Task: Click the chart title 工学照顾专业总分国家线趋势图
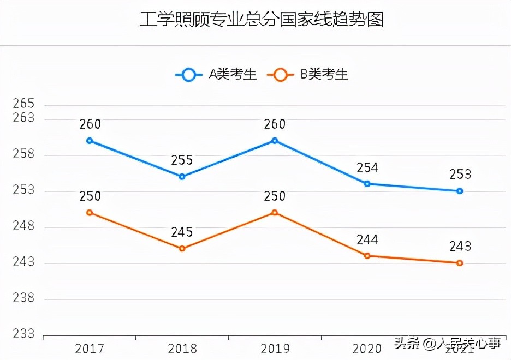(x=262, y=19)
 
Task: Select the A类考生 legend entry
(x=216, y=75)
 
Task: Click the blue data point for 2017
(x=90, y=141)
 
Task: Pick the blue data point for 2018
(x=182, y=177)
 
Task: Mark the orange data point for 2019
(x=275, y=213)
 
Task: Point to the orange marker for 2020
(x=367, y=256)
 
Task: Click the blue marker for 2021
(x=460, y=191)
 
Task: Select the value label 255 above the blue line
(x=182, y=160)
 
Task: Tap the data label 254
(x=367, y=168)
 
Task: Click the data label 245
(x=182, y=232)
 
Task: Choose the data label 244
(x=367, y=240)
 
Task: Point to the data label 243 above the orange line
(x=460, y=247)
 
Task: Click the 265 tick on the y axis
(x=23, y=104)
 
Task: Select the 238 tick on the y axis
(x=23, y=298)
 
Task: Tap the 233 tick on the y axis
(x=23, y=334)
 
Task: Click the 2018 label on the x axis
(x=182, y=349)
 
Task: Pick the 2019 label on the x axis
(x=275, y=349)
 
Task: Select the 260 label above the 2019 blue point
(x=275, y=124)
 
